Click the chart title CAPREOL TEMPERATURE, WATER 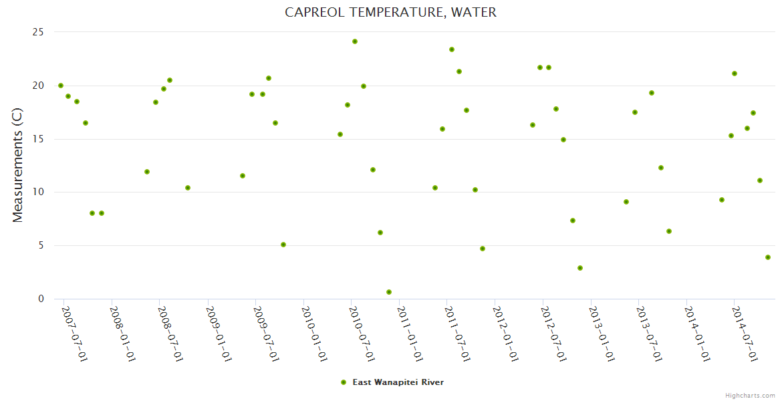click(390, 12)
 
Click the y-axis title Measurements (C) click(18, 165)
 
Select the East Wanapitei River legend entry click(398, 382)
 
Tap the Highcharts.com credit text click(750, 395)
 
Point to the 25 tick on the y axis click(38, 32)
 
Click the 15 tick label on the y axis click(38, 139)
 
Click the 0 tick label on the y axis click(41, 299)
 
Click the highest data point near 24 click(355, 41)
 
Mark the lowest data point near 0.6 click(389, 292)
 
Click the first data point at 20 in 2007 click(61, 86)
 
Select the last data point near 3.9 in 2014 click(768, 257)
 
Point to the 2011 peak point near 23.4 click(452, 49)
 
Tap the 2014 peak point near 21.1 click(735, 74)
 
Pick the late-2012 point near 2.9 click(580, 268)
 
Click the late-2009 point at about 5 click(283, 245)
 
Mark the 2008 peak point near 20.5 click(170, 80)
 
